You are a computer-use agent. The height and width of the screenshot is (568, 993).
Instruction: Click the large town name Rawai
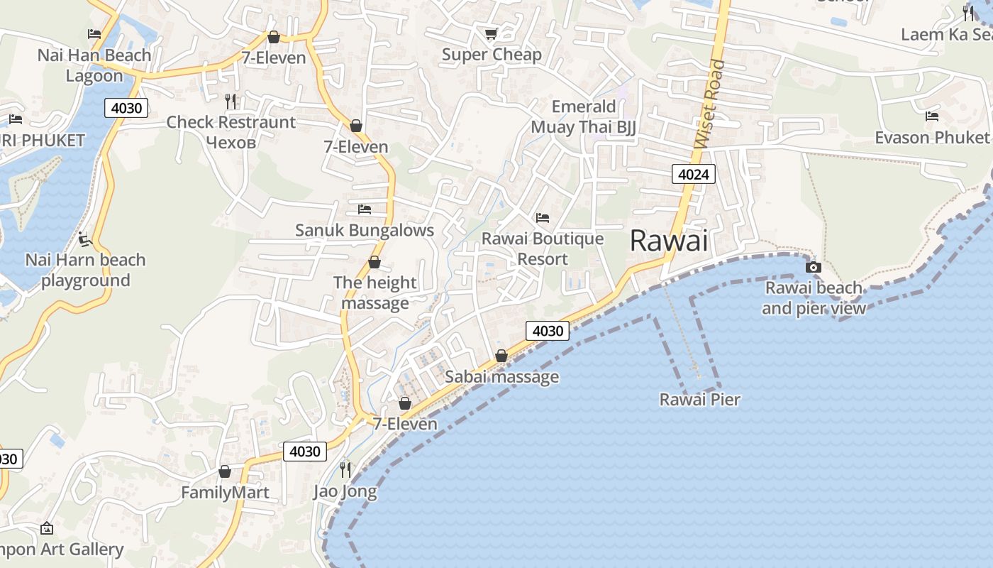[x=669, y=241]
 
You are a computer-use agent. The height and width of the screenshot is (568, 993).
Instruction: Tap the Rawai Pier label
[x=699, y=400]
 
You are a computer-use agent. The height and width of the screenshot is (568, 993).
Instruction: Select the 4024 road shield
[x=693, y=174]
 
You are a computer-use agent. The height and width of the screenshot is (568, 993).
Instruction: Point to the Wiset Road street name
[x=711, y=104]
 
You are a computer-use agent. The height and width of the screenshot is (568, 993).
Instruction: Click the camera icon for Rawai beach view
[x=814, y=268]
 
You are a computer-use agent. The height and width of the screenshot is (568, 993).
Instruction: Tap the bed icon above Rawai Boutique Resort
[x=543, y=217]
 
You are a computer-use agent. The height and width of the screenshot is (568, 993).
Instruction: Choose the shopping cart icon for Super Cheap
[x=491, y=33]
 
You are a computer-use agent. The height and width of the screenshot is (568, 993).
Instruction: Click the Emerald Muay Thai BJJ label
[x=584, y=117]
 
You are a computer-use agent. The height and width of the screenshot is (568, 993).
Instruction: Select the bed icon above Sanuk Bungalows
[x=365, y=209]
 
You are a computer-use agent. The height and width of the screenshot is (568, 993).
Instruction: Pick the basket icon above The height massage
[x=375, y=263]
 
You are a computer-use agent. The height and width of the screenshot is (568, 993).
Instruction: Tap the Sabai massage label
[x=501, y=377]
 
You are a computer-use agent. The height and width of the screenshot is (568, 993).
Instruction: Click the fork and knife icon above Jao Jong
[x=345, y=469]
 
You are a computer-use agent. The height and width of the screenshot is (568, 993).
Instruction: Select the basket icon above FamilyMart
[x=225, y=471]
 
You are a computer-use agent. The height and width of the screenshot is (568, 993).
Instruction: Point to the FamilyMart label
[x=225, y=492]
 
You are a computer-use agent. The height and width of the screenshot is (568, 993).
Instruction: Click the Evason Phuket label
[x=931, y=137]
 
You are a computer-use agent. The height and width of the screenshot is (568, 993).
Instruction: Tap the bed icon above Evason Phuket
[x=932, y=116]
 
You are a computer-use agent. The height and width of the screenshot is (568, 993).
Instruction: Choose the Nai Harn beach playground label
[x=85, y=270]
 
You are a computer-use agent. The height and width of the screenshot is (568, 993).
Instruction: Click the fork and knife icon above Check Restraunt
[x=231, y=101]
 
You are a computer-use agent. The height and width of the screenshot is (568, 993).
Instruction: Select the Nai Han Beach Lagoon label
[x=94, y=65]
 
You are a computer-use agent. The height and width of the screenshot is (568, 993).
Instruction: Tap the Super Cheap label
[x=492, y=55]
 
